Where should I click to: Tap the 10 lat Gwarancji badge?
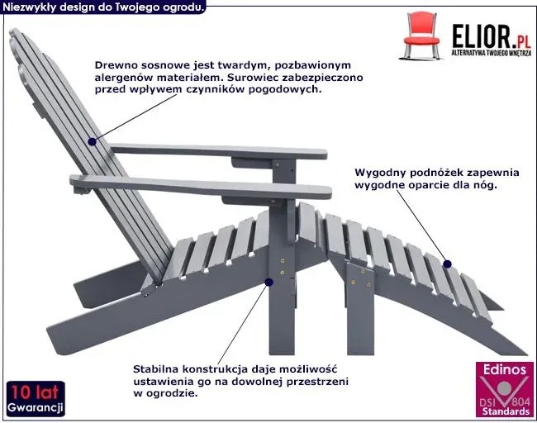(x=36, y=399)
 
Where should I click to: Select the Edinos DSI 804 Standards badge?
(x=505, y=389)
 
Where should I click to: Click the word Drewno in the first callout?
(x=112, y=65)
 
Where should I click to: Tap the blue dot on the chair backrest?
(x=92, y=141)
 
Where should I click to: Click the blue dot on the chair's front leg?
(x=268, y=283)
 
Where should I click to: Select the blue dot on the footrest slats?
(x=447, y=264)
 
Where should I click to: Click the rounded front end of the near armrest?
(x=328, y=192)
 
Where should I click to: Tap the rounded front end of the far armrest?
(x=324, y=154)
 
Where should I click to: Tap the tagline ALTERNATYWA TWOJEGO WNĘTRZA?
(x=492, y=53)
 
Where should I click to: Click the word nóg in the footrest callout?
(x=485, y=185)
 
